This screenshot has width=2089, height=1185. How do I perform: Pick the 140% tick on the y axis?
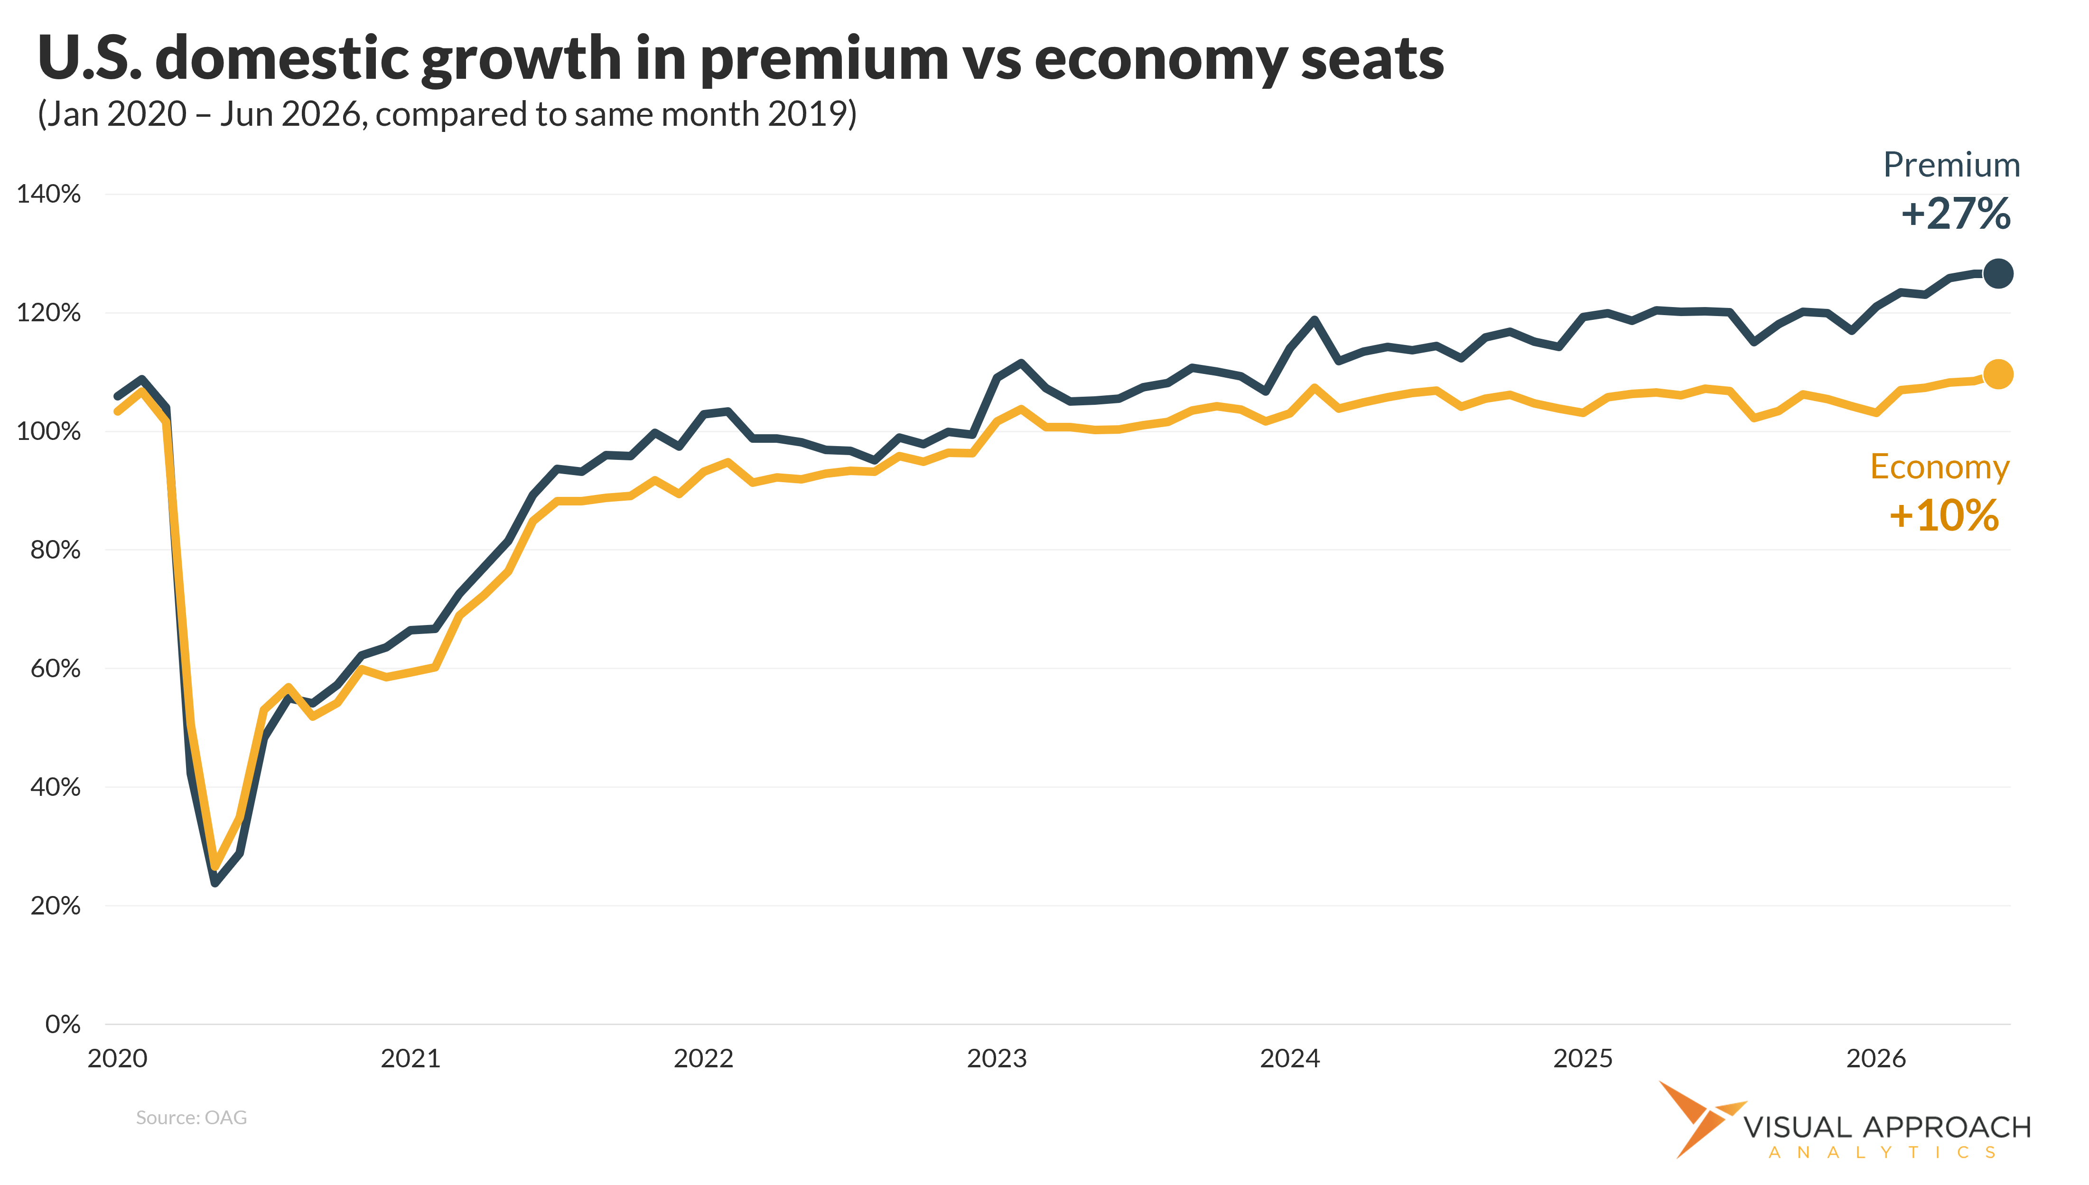(x=49, y=195)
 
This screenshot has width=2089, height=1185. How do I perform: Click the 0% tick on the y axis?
(x=63, y=1024)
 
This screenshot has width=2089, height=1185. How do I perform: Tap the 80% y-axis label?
(x=56, y=550)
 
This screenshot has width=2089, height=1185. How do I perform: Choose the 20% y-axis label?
(x=56, y=906)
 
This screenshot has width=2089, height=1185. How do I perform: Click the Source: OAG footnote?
(x=191, y=1118)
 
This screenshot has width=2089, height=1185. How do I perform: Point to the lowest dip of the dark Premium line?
(x=215, y=881)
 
